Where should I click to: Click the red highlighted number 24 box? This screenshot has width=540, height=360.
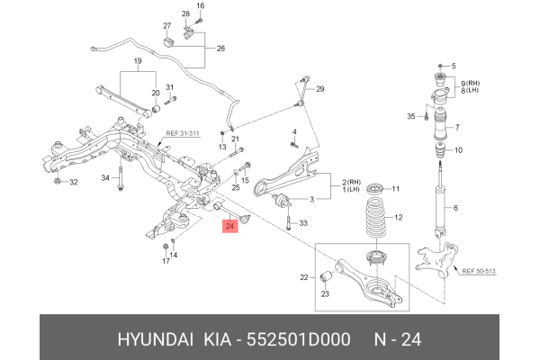click(x=229, y=227)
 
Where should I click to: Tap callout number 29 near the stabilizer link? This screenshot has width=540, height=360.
click(x=319, y=88)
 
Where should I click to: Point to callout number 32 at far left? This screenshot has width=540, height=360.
click(x=74, y=183)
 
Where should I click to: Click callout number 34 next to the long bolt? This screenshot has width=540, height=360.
click(x=105, y=178)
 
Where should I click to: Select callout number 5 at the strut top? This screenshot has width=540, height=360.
click(x=454, y=66)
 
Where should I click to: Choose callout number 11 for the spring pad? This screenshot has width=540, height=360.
click(x=400, y=189)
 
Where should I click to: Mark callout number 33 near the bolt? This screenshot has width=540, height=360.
click(x=303, y=223)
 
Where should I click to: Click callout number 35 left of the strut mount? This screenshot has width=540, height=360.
click(x=409, y=117)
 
